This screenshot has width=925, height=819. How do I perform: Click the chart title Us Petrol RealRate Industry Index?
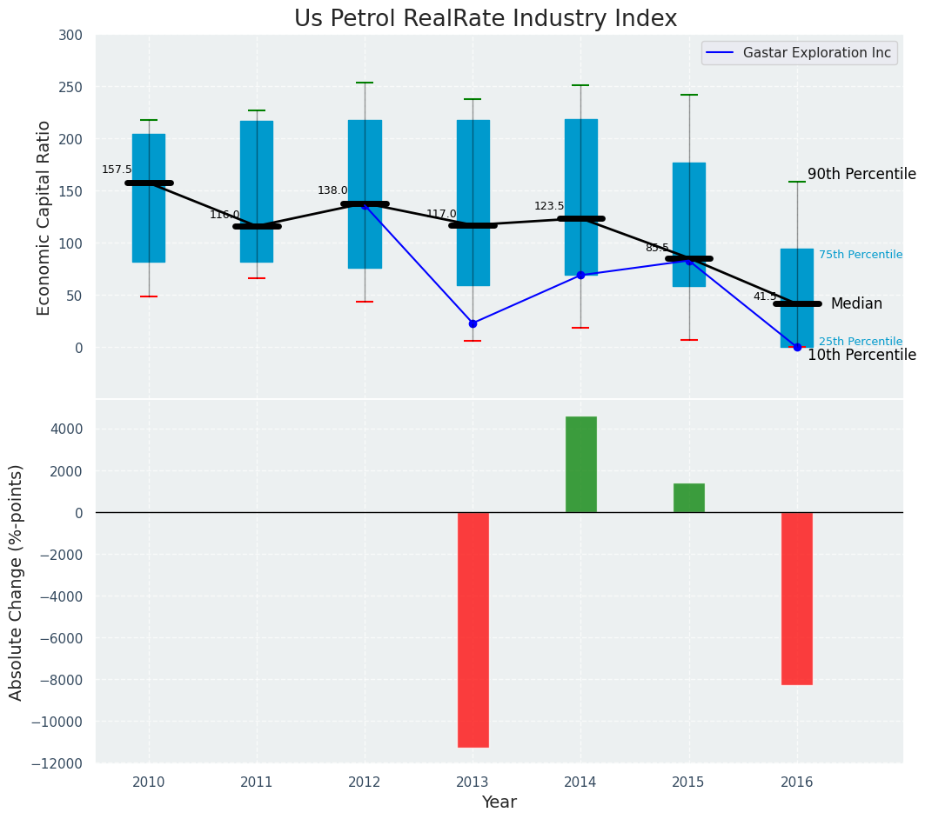coord(485,19)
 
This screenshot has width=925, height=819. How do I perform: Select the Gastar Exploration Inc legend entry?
coord(816,53)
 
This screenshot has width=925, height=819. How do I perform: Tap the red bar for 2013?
coord(473,629)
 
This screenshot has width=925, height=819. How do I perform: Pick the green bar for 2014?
coord(580,464)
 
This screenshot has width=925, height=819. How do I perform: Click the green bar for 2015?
coord(688,498)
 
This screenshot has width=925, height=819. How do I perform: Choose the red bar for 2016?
coord(796,598)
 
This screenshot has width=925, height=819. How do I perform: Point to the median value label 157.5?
coord(117,170)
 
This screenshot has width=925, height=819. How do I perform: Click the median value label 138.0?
coord(332,191)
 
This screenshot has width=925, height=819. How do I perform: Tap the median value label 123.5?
coord(549,207)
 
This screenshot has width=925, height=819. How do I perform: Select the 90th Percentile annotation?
coord(861,175)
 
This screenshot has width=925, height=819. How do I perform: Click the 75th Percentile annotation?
coord(860,256)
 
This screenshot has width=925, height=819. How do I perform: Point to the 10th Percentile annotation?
coord(861,356)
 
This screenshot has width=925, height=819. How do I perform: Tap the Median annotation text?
coord(856,304)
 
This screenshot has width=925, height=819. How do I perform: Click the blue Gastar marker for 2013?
coord(473,323)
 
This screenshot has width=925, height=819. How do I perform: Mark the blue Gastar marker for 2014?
coord(580,275)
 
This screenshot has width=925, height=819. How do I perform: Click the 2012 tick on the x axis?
coord(365,782)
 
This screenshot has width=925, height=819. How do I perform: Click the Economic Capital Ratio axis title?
coord(44,217)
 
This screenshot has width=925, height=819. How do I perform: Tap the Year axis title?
coord(499,802)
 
